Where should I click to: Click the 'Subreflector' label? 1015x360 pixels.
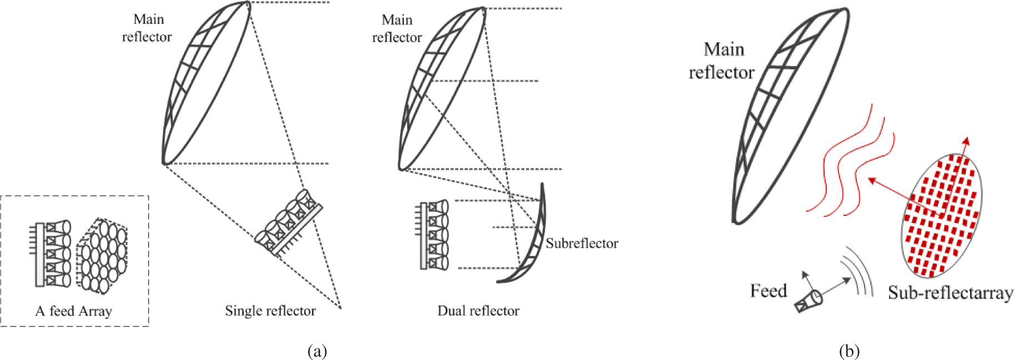coord(582,243)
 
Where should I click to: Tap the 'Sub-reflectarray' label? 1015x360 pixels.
coord(950,292)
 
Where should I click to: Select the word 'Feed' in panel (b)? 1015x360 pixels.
coord(768,291)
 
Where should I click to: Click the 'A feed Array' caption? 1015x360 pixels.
coord(74,311)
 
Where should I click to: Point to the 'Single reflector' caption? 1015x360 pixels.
coord(270,311)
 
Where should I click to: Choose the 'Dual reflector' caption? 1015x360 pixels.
coord(478,311)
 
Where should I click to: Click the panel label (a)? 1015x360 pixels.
coord(317,351)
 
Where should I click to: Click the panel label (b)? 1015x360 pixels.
coord(849,351)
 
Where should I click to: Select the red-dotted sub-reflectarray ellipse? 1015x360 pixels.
coord(941,215)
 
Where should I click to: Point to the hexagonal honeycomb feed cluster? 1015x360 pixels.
coord(102,255)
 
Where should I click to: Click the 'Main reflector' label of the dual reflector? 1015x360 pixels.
coord(397,29)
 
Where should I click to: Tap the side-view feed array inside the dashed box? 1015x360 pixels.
coord(51,254)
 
